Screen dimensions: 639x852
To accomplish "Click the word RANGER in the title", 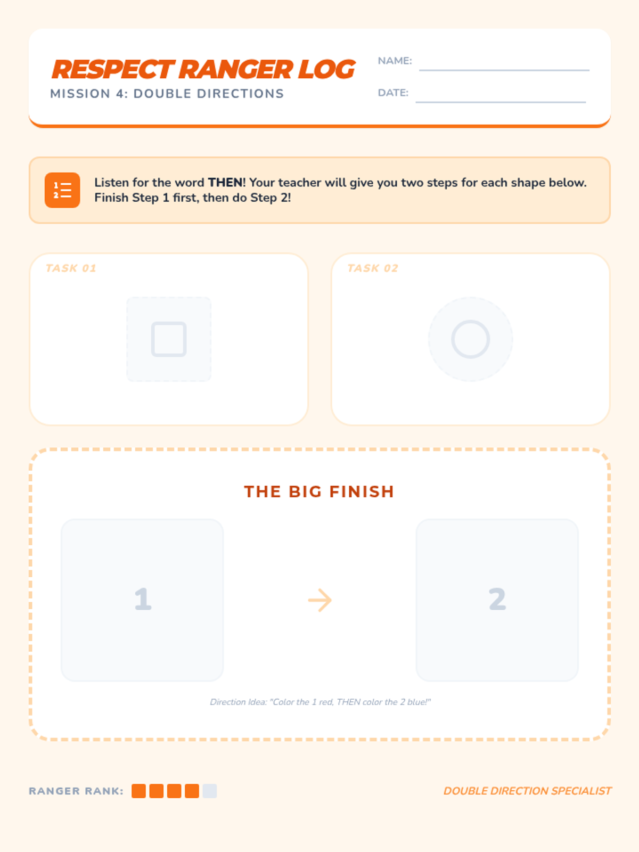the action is click(x=236, y=69).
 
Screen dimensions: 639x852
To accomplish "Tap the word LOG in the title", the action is click(x=326, y=69).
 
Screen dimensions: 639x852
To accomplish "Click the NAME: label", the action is click(x=395, y=61).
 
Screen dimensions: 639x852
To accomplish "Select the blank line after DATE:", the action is click(x=501, y=102).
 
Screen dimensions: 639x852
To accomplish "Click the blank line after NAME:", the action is click(x=504, y=70).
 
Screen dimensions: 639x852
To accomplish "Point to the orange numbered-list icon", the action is click(x=62, y=190).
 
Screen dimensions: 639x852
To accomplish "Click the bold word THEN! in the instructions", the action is click(x=227, y=183).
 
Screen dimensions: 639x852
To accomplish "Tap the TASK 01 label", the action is click(x=71, y=268).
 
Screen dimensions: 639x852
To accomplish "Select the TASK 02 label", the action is click(x=372, y=268).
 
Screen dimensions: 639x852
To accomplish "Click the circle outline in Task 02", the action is click(x=453, y=339).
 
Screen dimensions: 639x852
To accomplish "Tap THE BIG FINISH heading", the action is click(x=319, y=491).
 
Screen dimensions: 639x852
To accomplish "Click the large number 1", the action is click(x=143, y=599).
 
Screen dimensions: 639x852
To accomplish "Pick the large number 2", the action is click(x=497, y=599).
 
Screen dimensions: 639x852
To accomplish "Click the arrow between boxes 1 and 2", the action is click(x=319, y=600).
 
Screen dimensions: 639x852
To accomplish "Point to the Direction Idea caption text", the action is click(x=321, y=702).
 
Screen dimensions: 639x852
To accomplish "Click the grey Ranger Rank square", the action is click(x=209, y=791).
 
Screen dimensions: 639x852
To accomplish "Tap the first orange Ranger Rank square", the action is click(x=138, y=791).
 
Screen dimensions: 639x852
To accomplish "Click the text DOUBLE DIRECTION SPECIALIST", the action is click(x=527, y=791).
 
